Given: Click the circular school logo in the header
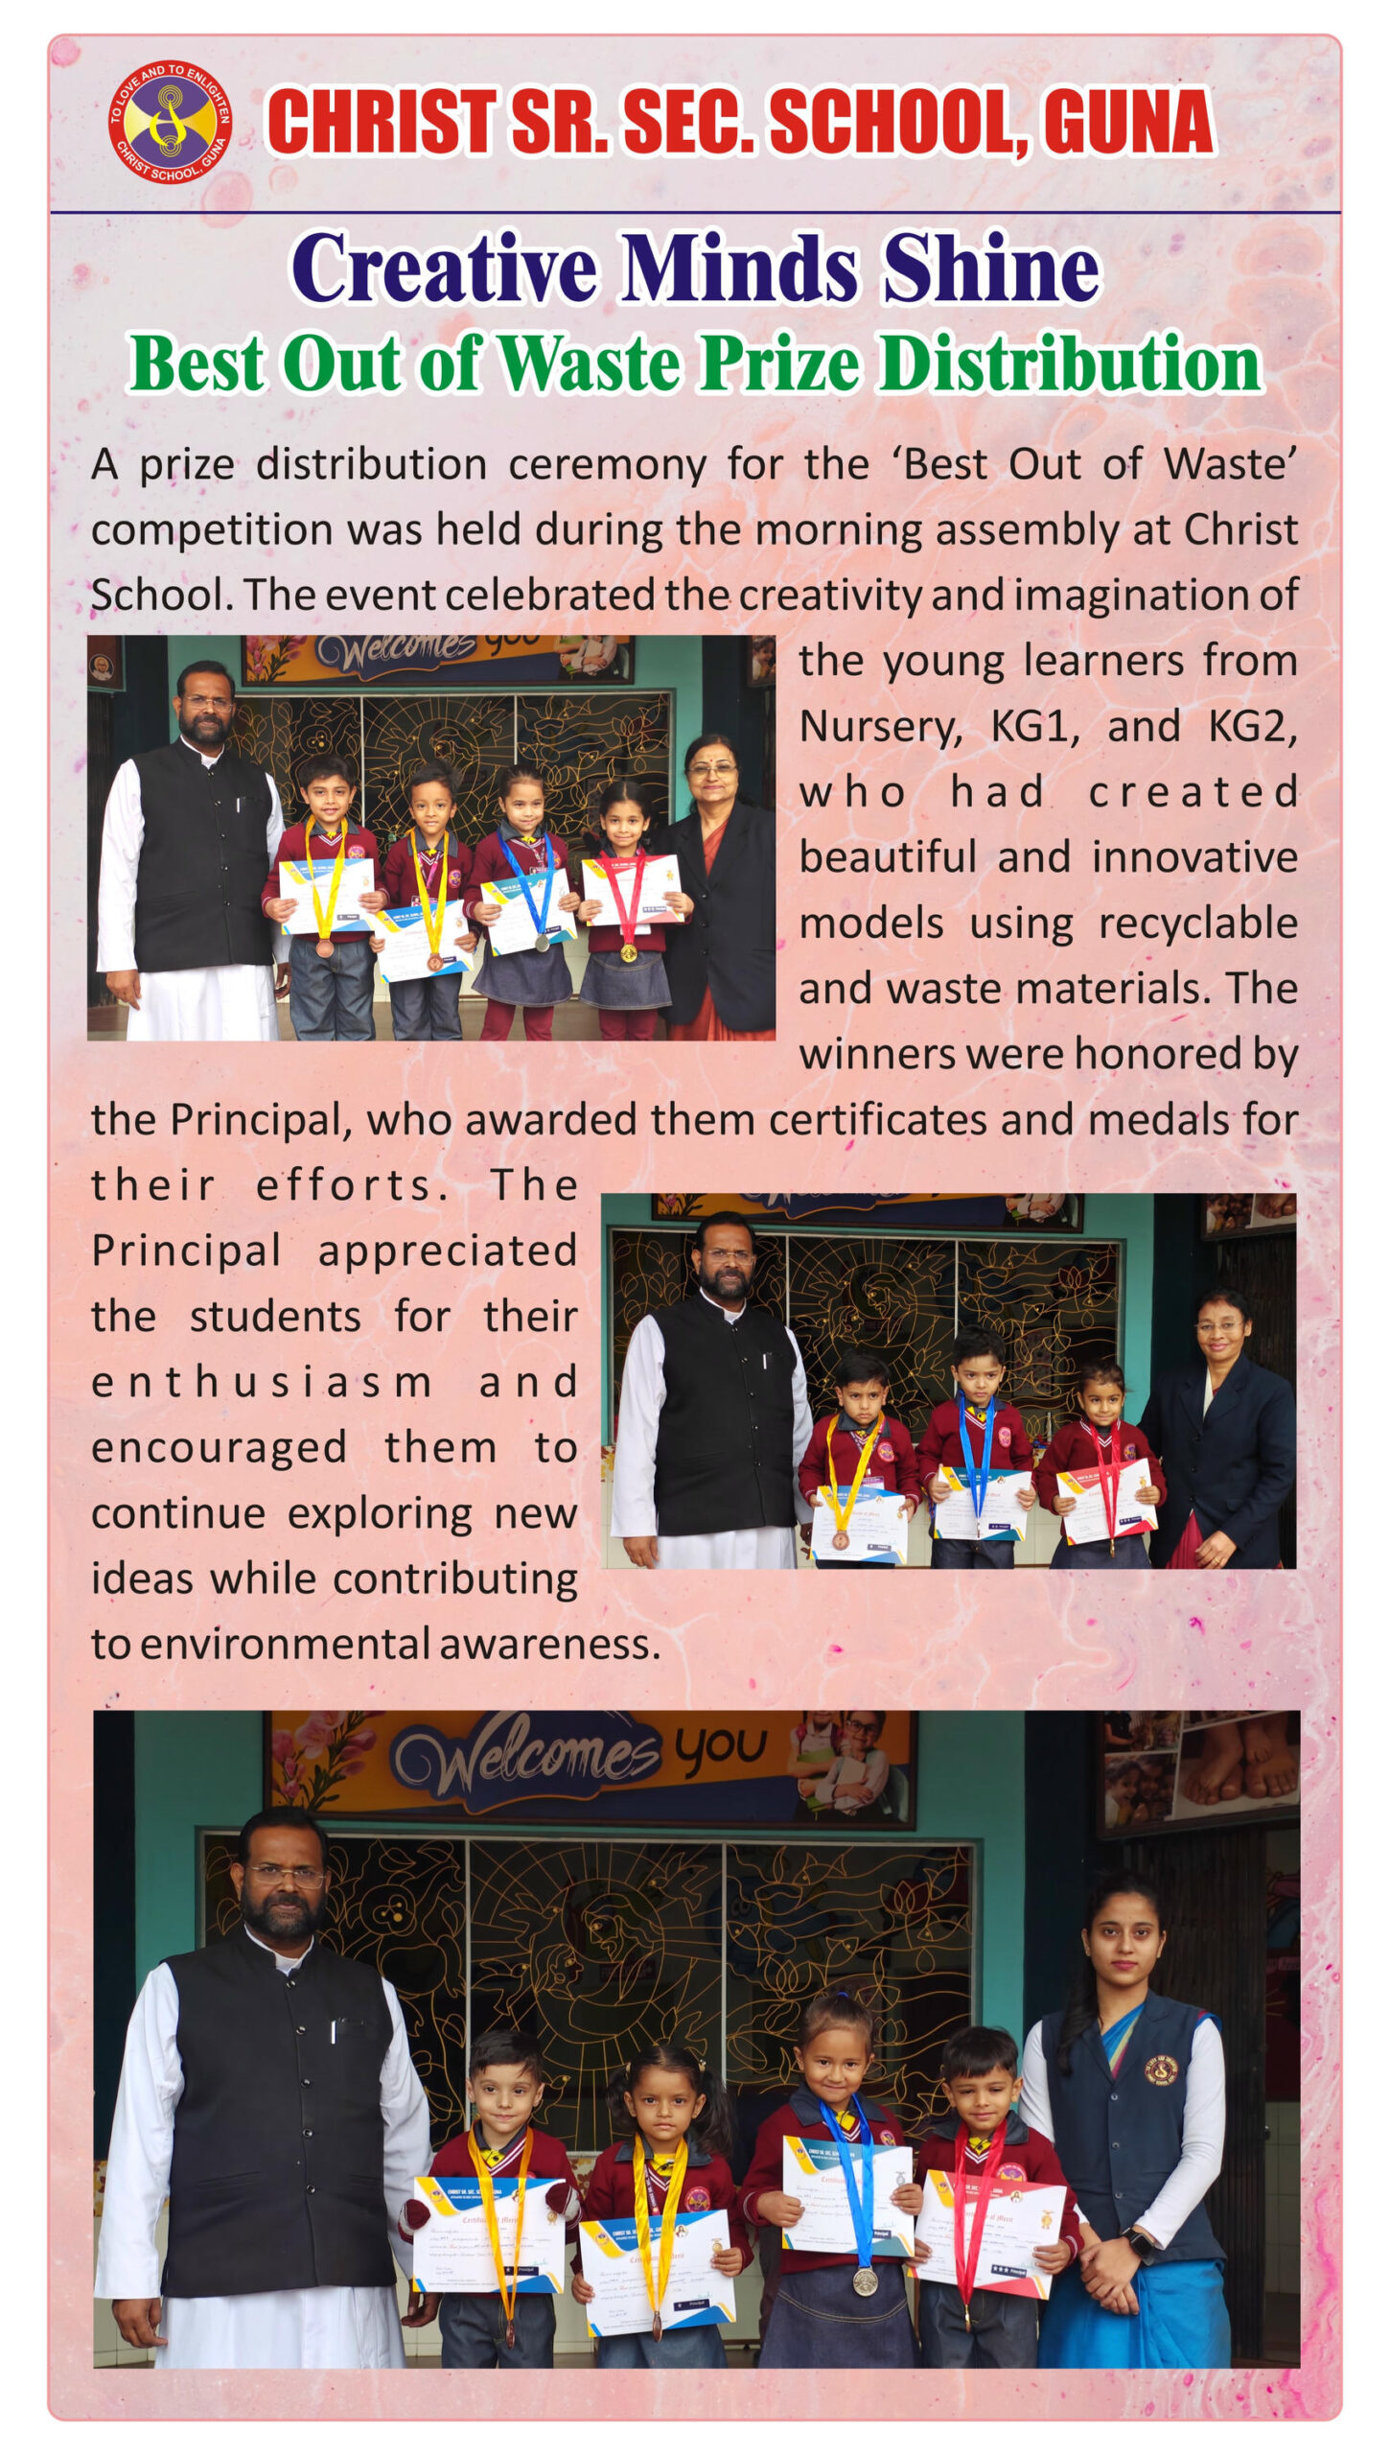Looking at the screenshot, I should pos(170,118).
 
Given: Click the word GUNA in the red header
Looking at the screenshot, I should pos(1128,123).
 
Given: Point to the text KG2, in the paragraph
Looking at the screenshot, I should pos(1252,726).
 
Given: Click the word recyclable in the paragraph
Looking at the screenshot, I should pos(1197,924).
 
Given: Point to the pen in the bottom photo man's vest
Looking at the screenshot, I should pos(334,2030).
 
